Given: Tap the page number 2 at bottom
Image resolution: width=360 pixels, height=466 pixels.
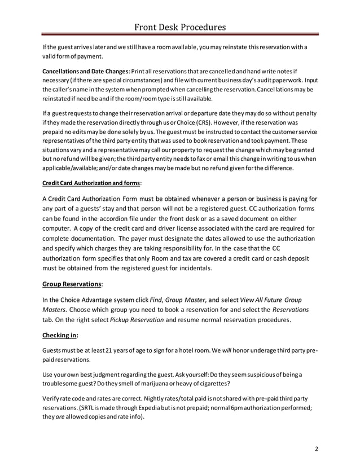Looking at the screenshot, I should (x=317, y=449).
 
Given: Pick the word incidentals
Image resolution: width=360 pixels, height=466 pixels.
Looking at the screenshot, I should (x=194, y=269).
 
